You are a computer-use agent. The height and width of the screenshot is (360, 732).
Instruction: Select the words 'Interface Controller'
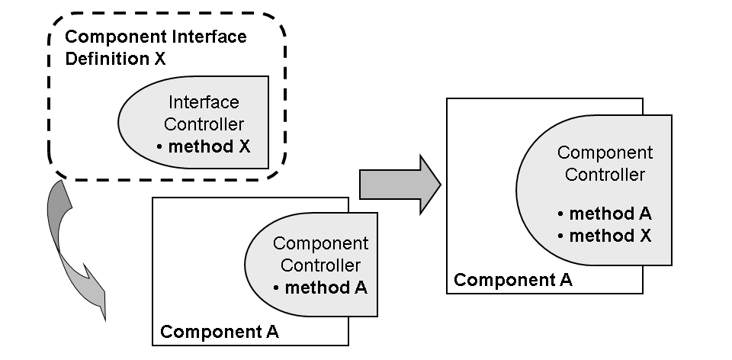click(x=203, y=114)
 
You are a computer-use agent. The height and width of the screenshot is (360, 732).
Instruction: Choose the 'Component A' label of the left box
click(x=219, y=332)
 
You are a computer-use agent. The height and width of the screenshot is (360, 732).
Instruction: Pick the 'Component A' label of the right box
click(x=512, y=279)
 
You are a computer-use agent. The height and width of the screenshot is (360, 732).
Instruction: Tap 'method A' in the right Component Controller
click(x=610, y=214)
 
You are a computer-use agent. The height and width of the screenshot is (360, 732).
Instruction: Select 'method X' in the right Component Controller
click(x=610, y=236)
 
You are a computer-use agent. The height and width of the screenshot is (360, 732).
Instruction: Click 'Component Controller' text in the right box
click(x=605, y=163)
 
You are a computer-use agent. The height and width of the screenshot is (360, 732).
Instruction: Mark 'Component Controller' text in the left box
click(x=320, y=254)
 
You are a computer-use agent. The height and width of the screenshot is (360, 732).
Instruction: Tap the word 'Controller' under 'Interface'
click(x=203, y=124)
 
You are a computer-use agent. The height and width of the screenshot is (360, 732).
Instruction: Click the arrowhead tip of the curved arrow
click(x=104, y=317)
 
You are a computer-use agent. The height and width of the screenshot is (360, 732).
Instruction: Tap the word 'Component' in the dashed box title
click(x=105, y=37)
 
